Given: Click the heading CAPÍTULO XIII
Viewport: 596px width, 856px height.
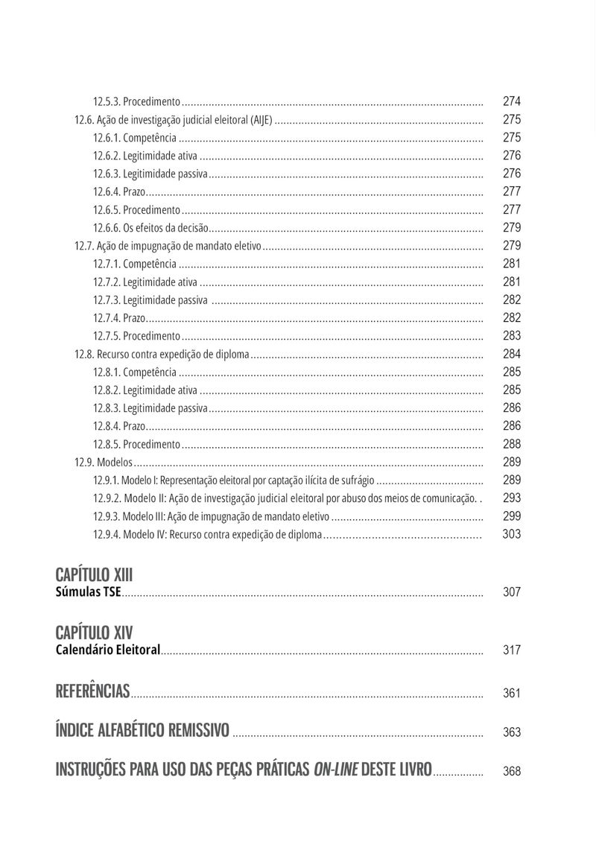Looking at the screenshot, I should (x=94, y=574).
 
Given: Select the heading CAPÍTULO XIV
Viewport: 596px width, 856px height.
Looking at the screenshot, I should (x=94, y=633).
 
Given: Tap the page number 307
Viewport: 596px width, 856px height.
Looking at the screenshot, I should (x=512, y=592).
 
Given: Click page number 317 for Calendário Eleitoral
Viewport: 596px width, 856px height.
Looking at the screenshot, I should (x=512, y=650).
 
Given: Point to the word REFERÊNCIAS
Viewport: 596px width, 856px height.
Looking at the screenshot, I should (x=92, y=691).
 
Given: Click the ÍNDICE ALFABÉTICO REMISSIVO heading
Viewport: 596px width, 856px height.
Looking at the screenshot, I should (x=142, y=730).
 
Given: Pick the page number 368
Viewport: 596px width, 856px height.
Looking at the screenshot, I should (x=512, y=772).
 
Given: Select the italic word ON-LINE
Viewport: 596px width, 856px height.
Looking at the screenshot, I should (x=335, y=770).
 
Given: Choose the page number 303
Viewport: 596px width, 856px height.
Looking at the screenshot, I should (x=512, y=534).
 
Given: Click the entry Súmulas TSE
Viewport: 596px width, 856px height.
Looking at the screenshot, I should (x=89, y=592).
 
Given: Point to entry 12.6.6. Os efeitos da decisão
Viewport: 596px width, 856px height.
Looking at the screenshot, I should (x=151, y=228).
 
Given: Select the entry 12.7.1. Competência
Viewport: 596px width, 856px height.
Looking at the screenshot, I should (x=135, y=264).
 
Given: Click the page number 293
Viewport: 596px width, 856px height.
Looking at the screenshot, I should (x=512, y=498).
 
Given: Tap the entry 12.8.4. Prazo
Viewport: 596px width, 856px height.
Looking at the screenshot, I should (x=119, y=426).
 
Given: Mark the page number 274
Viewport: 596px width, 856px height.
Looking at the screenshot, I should (x=512, y=101).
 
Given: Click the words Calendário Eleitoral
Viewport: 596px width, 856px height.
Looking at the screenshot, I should (x=108, y=650).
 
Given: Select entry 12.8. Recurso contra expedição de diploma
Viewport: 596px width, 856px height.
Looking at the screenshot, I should (x=162, y=354).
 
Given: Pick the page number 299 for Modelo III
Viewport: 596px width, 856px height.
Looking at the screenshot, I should (x=512, y=516).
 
